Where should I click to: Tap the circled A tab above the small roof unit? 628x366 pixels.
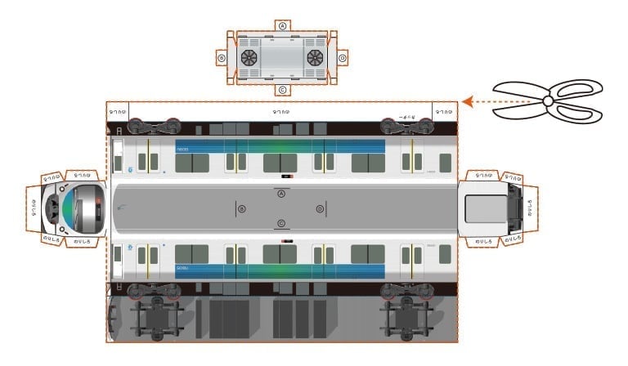point(282,25)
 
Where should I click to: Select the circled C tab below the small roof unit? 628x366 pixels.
point(282,90)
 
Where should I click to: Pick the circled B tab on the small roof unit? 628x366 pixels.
point(222,58)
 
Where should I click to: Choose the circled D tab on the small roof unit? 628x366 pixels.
point(342,58)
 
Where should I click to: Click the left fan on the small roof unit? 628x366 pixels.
point(249,58)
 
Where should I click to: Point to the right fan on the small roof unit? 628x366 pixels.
point(315,58)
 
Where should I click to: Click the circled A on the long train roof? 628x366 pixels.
point(281,194)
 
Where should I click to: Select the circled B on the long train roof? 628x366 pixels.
point(241,209)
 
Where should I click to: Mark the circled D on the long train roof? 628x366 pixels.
point(320,209)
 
